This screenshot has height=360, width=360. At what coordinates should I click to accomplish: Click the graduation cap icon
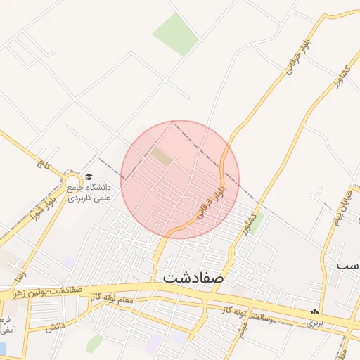pos(88,177)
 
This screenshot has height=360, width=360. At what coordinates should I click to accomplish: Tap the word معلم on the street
pos(124,300)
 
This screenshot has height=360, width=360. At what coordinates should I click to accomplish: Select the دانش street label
pos(56,326)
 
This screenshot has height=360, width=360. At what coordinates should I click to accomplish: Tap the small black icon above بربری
pos(314,311)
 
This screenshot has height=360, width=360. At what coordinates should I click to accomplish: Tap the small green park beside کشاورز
pos(257,222)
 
